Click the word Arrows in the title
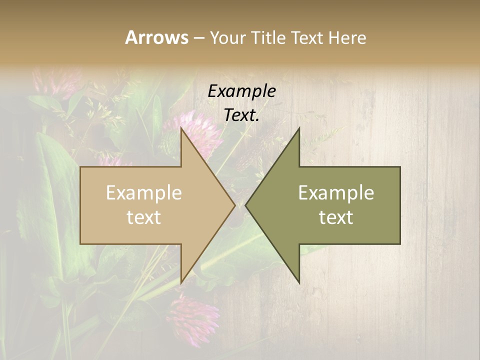(x=156, y=37)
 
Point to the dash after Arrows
(x=199, y=38)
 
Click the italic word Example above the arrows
(x=241, y=91)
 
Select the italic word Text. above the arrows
(x=241, y=115)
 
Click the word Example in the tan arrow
(x=144, y=193)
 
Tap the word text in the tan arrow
(x=144, y=217)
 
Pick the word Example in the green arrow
(x=336, y=193)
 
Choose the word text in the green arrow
(x=336, y=217)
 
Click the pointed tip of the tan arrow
(x=235, y=205)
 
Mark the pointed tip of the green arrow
(x=246, y=205)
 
